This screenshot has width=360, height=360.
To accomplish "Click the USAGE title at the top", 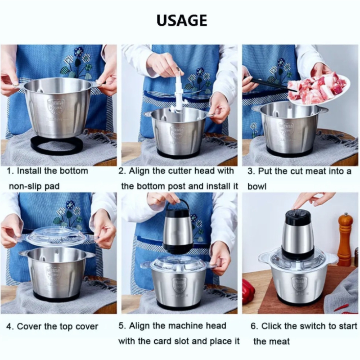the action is pyautogui.click(x=182, y=20).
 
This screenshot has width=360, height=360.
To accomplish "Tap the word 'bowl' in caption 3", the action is pyautogui.click(x=257, y=186).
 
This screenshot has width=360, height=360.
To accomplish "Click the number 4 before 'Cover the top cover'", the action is pyautogui.click(x=9, y=326).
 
